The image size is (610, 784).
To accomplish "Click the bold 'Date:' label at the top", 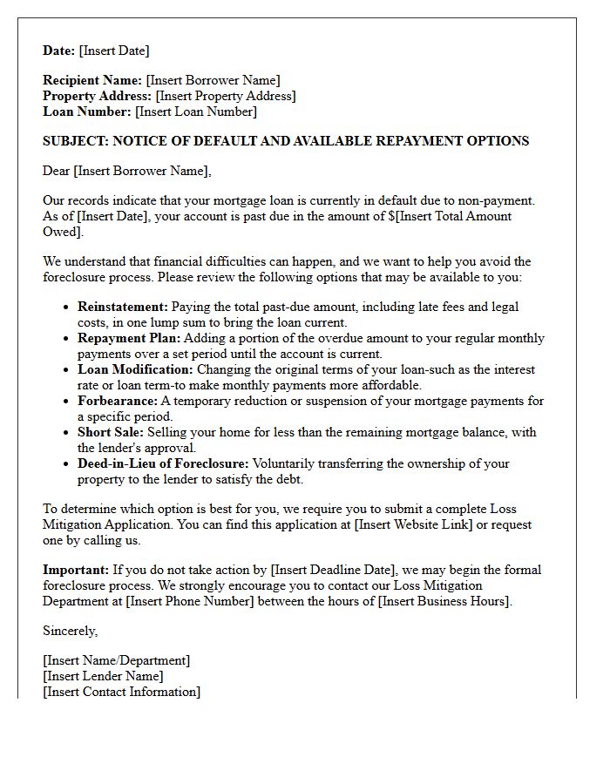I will (59, 51).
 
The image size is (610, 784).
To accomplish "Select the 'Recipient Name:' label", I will (92, 80).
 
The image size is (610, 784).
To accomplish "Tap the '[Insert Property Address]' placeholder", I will (226, 96).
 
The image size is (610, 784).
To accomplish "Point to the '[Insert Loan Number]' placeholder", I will (196, 112).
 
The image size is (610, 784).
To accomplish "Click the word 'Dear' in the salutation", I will (57, 171).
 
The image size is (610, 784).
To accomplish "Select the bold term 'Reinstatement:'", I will (123, 307).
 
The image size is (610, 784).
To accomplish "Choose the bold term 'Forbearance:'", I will (118, 401).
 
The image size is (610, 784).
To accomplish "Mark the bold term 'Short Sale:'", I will (111, 432).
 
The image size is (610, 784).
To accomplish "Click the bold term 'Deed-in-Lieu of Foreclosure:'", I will (163, 463).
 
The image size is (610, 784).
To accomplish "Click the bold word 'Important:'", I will (76, 570).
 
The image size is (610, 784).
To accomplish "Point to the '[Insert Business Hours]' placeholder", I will (445, 601).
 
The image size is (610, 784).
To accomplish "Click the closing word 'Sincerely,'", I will (71, 631).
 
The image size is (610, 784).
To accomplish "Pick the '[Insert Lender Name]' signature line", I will (103, 676).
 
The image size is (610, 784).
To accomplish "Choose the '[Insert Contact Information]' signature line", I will (121, 692).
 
